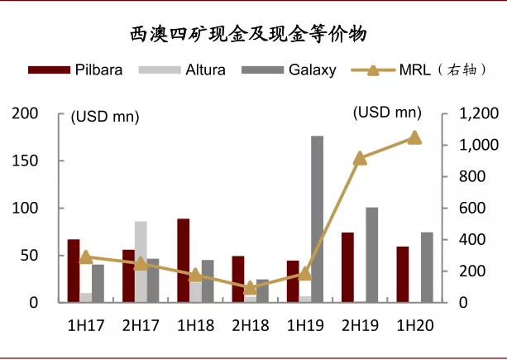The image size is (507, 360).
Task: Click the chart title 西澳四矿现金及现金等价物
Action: [x=253, y=35]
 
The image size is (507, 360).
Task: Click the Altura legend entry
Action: [x=181, y=70]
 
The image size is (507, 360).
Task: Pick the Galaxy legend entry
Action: [x=289, y=70]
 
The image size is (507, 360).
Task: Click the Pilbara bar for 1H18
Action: [x=183, y=261]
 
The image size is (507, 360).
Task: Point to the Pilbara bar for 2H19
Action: [x=347, y=267]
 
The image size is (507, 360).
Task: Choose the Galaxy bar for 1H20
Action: [x=427, y=267]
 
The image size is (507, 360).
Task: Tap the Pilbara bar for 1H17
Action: [x=74, y=271]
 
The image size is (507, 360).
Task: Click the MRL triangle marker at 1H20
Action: [x=414, y=138]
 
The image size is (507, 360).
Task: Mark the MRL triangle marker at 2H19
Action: [x=360, y=158]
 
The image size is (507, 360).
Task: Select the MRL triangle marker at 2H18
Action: [x=251, y=288]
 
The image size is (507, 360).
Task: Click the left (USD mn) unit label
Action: [x=104, y=117]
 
